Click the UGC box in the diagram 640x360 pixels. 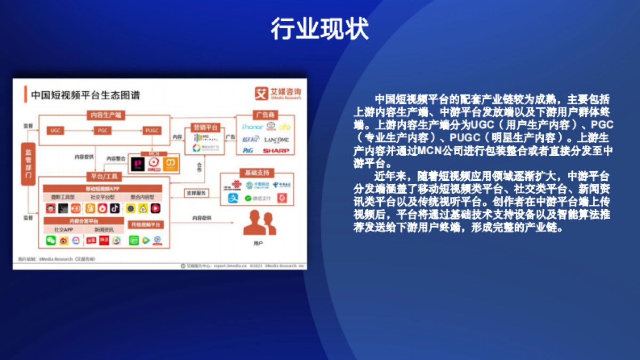pyautogui.click(x=55, y=130)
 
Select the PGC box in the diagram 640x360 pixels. pyautogui.click(x=102, y=130)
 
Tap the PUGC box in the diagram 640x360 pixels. pyautogui.click(x=153, y=130)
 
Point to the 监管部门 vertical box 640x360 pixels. pyautogui.click(x=28, y=164)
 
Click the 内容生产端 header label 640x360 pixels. pyautogui.click(x=105, y=115)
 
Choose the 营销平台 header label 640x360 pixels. pyautogui.click(x=205, y=128)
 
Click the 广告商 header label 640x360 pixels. pyautogui.click(x=265, y=115)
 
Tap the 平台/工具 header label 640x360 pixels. pyautogui.click(x=105, y=177)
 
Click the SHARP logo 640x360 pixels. pyautogui.click(x=276, y=151)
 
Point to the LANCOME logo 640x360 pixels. pyautogui.click(x=276, y=140)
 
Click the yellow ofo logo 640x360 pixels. pyautogui.click(x=284, y=127)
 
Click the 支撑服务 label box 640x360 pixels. pyautogui.click(x=196, y=193)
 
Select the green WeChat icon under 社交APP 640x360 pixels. pyautogui.click(x=51, y=241)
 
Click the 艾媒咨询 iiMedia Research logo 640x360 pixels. pyautogui.click(x=278, y=93)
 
